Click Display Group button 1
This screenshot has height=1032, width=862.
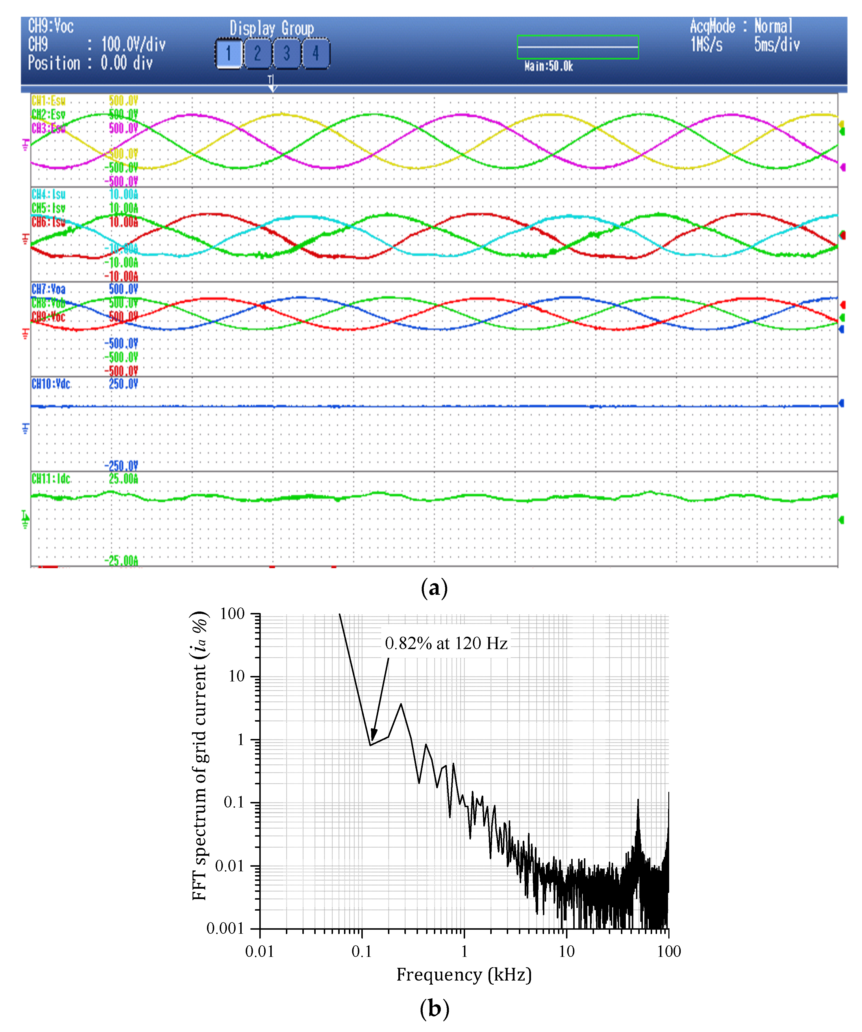(229, 53)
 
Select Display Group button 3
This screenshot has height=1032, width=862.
(286, 53)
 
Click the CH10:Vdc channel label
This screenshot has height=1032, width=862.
(51, 384)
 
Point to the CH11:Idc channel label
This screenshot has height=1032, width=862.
(51, 479)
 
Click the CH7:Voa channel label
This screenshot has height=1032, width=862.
(49, 289)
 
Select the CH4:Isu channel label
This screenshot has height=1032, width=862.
(49, 194)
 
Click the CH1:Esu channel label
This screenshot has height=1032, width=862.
(49, 101)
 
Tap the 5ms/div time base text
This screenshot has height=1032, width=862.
(777, 45)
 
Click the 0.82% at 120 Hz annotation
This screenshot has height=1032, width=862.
(446, 643)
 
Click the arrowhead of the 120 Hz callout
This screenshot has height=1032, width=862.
(373, 737)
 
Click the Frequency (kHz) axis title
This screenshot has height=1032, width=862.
(464, 974)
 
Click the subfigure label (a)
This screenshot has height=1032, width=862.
(434, 588)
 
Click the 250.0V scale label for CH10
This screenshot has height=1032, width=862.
(123, 384)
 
